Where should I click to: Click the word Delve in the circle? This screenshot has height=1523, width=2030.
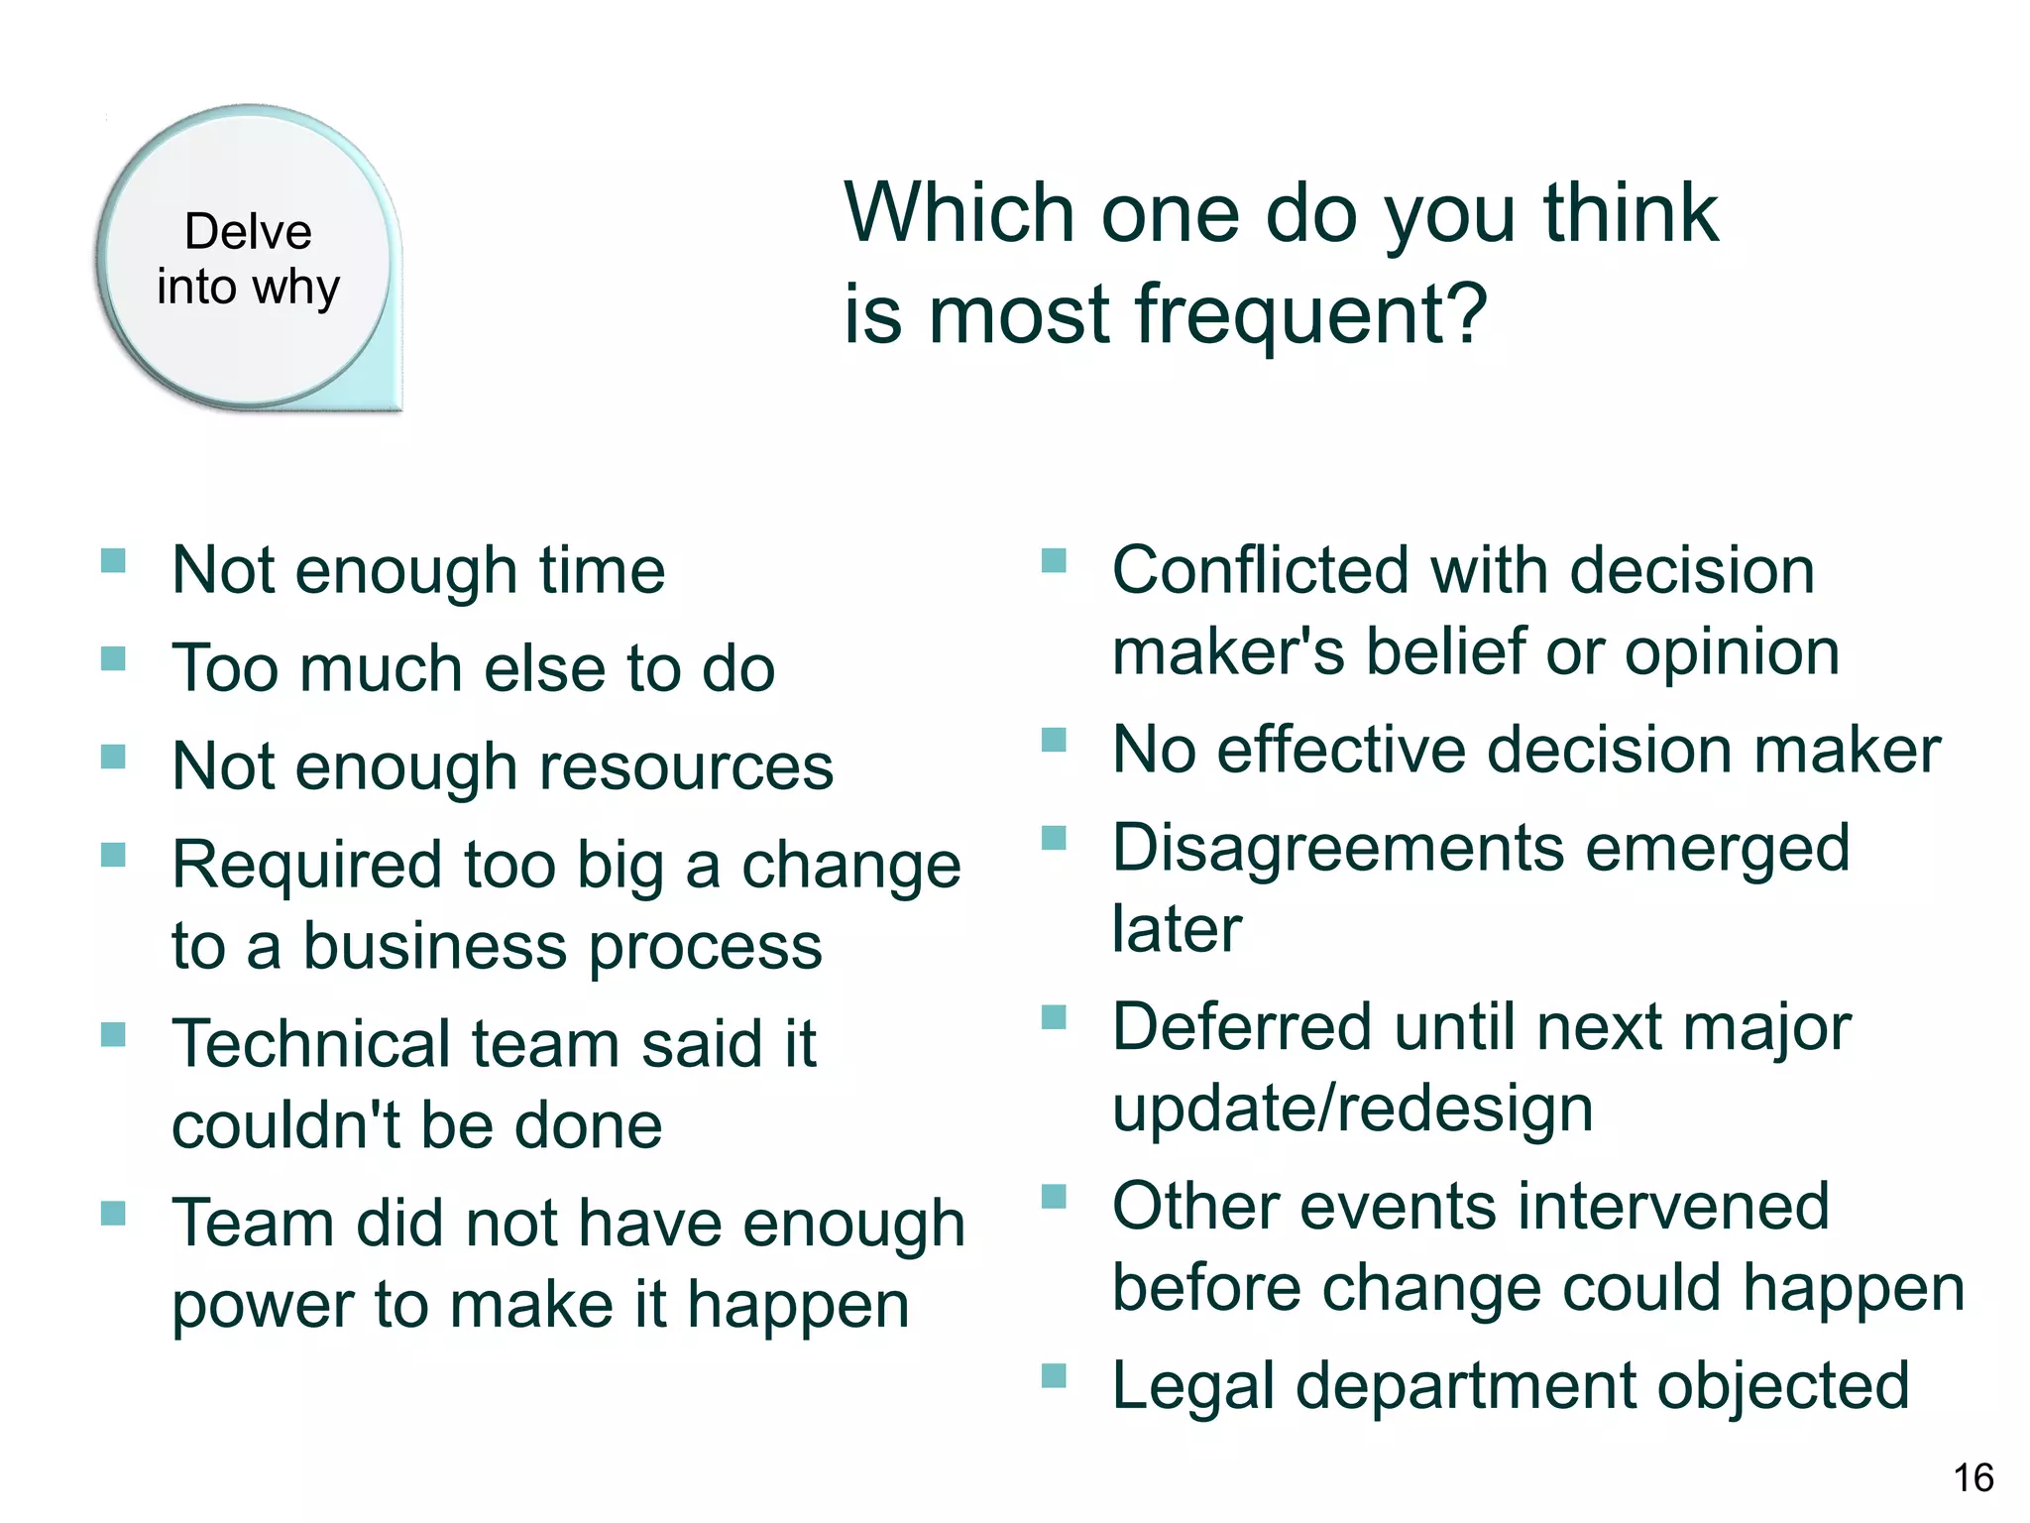(248, 232)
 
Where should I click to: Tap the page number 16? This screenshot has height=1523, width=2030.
(1973, 1477)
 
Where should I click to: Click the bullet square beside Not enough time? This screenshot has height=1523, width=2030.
(113, 561)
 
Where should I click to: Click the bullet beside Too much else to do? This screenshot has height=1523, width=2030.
(113, 659)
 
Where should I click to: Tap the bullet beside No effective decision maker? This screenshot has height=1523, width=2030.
(1054, 741)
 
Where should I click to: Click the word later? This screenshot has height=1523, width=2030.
(1177, 929)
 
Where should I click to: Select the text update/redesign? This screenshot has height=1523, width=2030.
(1352, 1109)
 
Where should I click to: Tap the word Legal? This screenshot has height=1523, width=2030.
(1192, 1386)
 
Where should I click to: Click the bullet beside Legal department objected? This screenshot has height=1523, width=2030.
(1054, 1375)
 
